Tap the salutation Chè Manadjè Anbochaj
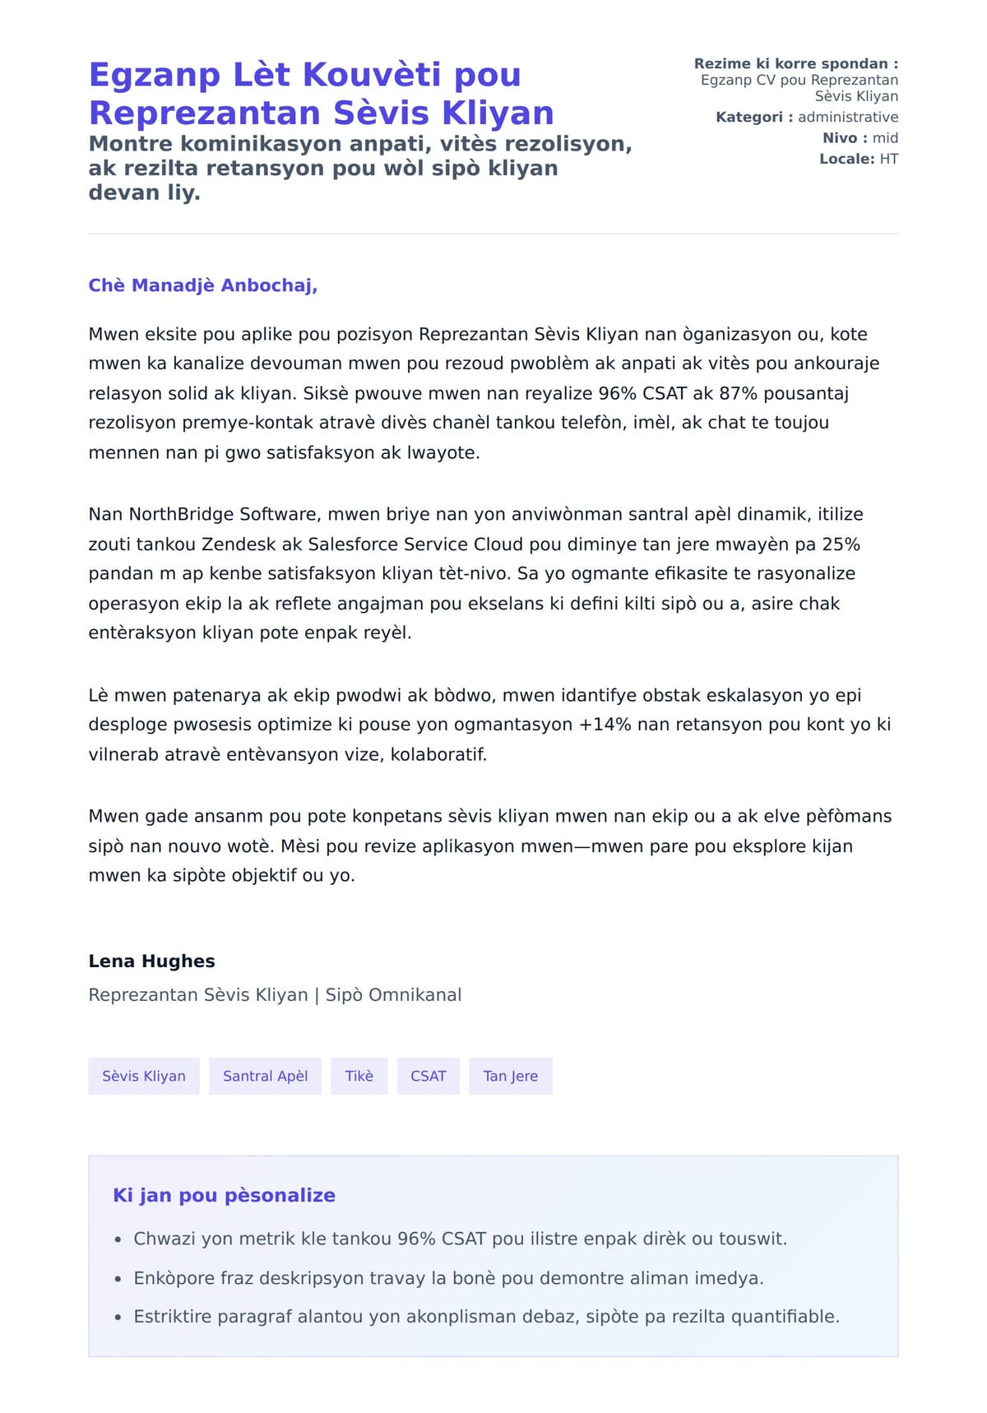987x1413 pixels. (202, 285)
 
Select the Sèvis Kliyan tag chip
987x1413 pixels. (144, 1076)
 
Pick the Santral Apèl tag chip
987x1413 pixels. (265, 1076)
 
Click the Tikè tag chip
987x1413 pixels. (359, 1076)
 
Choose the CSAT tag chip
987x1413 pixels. (428, 1076)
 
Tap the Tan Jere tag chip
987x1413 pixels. (510, 1076)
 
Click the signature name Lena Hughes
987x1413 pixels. (151, 961)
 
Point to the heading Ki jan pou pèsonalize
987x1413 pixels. (224, 1195)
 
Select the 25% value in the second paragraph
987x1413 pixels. (840, 544)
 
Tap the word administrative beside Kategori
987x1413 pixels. (847, 117)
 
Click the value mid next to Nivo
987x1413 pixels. (885, 138)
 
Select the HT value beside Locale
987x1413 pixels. (888, 159)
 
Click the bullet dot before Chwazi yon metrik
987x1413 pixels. (118, 1239)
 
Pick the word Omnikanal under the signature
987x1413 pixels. (415, 994)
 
